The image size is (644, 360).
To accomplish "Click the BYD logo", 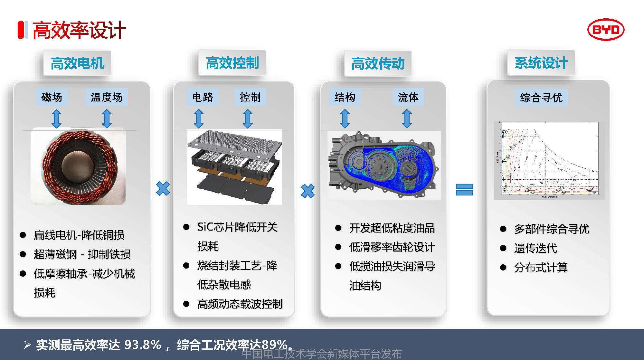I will pos(606,30).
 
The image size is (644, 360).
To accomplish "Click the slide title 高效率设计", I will pos(79,30).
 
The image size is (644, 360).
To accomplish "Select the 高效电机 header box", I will pos(77,63).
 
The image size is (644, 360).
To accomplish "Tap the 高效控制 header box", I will pos(232,63).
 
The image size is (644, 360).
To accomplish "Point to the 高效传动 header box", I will pos(378,63).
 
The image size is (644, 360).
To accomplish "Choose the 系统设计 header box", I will pos(541,63).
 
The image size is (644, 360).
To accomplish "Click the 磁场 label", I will pos(52,97).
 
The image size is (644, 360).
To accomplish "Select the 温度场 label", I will pos(107,97).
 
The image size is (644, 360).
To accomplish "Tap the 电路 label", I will pos(203,97).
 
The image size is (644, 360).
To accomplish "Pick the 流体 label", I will pos(408,97).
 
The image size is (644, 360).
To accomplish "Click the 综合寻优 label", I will pos(541,98).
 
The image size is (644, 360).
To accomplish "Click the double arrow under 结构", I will pos(345,118).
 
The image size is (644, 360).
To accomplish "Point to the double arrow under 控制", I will pos(248,118).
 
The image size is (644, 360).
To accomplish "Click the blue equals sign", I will pos(464,189).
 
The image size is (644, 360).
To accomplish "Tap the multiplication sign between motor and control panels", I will pos(163,189).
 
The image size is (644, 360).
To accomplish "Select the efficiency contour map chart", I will pos(549,160).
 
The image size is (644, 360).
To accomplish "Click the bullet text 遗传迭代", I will pos(535,248).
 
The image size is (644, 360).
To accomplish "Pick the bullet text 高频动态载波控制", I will pos(240,304).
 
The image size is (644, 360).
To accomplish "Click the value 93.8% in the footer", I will pos(143,345).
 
